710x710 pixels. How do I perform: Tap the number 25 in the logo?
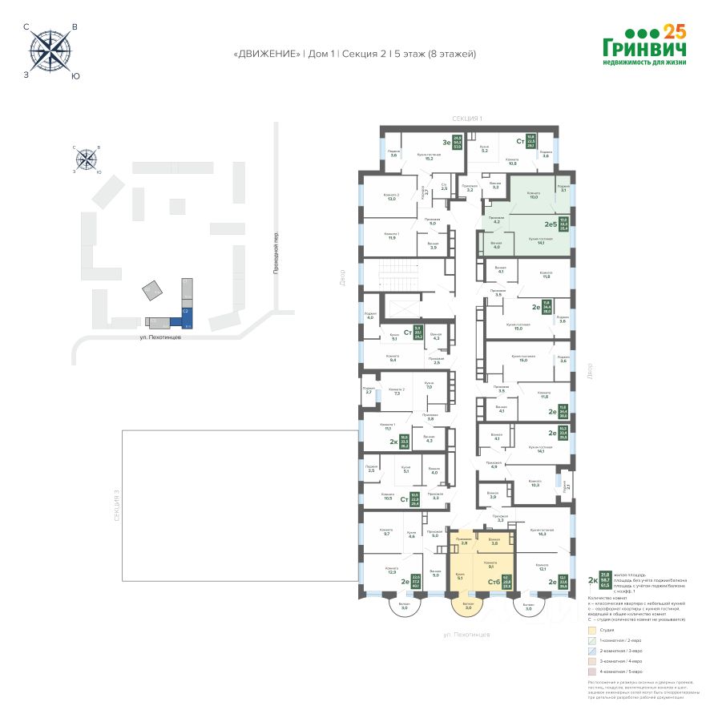(676, 32)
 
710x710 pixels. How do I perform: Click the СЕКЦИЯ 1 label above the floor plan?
(466, 119)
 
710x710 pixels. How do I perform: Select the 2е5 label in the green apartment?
(551, 224)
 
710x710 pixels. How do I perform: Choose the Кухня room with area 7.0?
(430, 386)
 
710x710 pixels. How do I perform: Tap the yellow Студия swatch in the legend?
(591, 630)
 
